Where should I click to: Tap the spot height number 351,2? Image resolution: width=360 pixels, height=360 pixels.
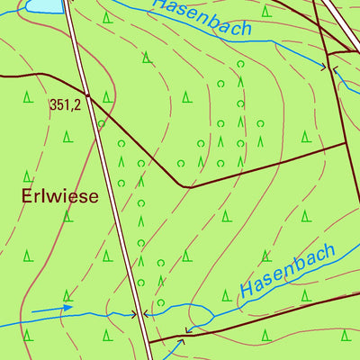point(65,105)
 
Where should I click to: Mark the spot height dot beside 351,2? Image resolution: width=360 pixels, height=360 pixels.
point(88,94)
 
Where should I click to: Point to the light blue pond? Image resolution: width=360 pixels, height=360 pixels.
point(43,5)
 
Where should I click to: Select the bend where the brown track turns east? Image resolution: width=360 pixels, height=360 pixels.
point(184,187)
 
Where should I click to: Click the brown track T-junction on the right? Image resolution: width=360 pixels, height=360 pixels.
point(346,142)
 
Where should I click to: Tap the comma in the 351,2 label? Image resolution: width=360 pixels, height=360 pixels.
point(71,109)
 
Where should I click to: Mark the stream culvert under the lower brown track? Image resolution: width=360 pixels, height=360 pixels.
point(188,330)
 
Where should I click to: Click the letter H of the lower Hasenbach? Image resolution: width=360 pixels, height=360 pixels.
point(247,291)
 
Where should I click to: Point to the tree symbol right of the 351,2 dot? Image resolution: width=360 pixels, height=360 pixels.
point(107,96)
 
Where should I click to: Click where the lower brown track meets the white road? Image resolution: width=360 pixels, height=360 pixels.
point(148,342)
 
